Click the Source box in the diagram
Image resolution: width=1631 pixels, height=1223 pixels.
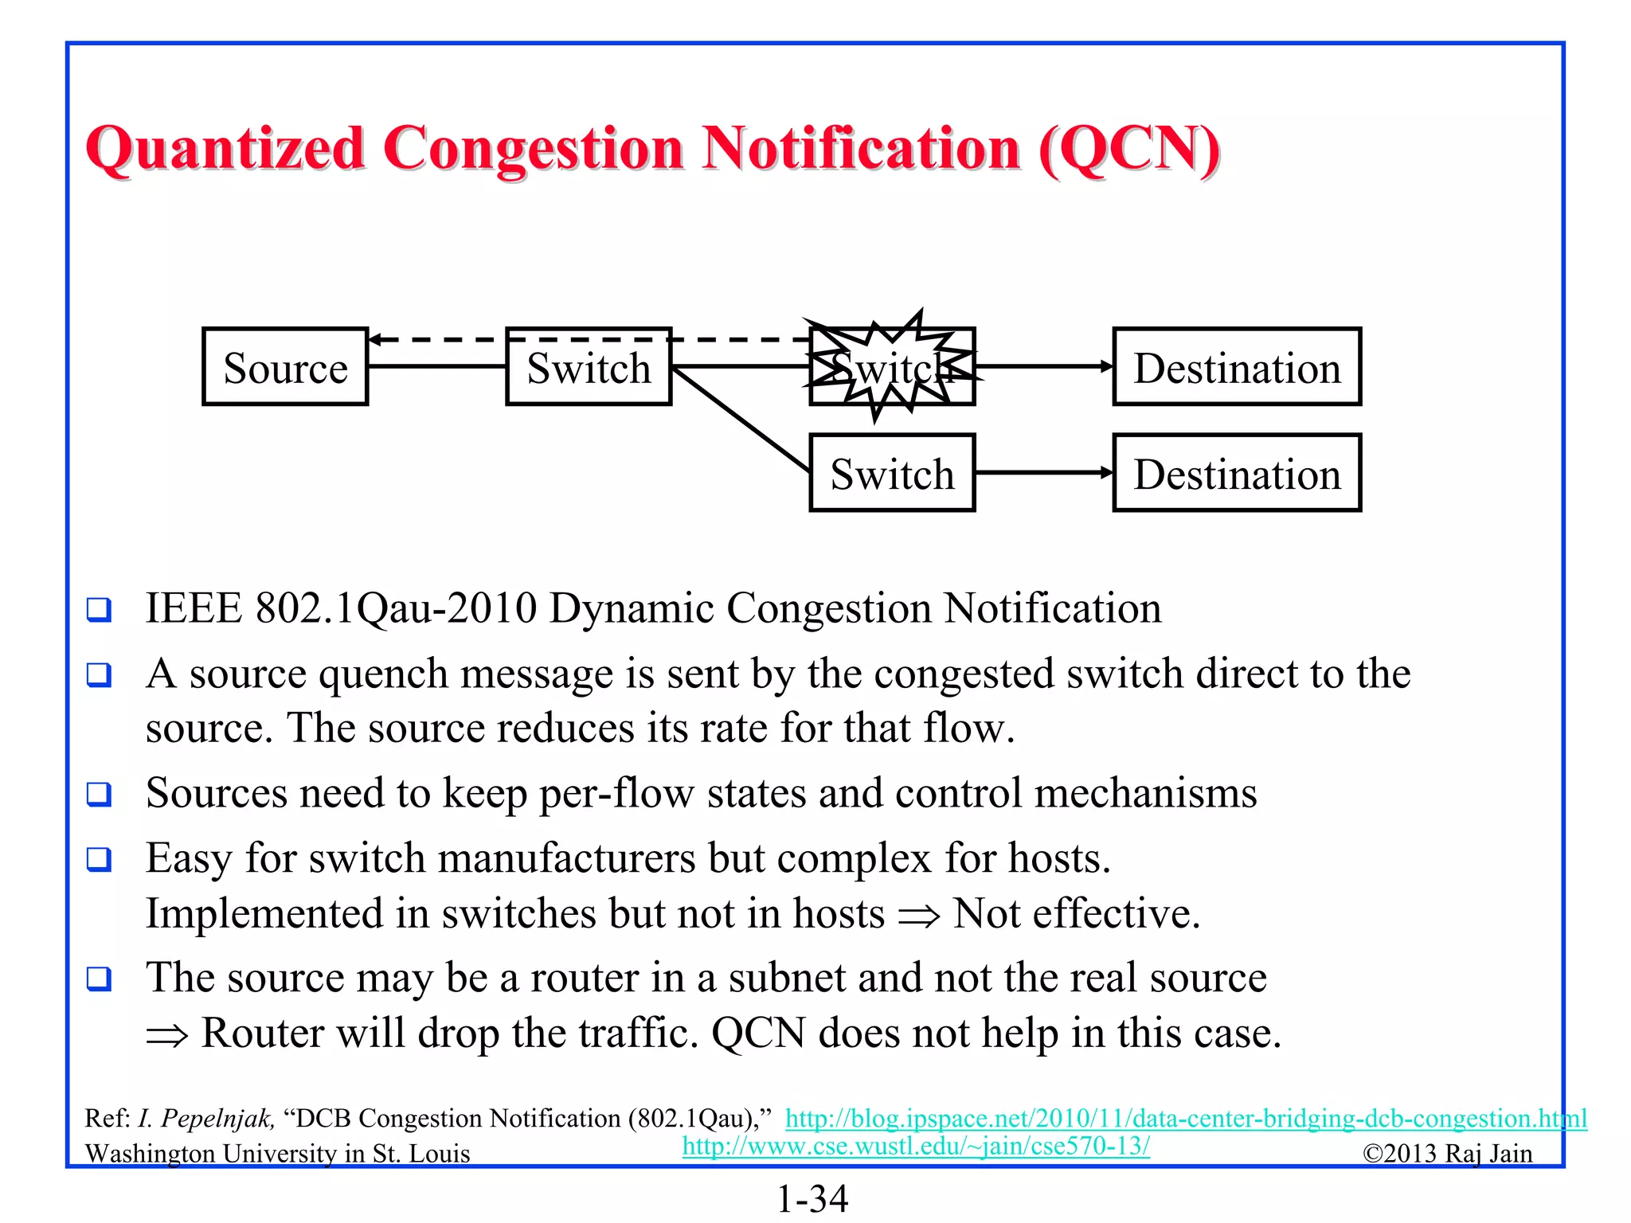285,367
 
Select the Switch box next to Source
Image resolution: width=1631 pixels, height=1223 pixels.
589,367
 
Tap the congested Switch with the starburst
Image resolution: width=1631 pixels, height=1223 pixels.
892,367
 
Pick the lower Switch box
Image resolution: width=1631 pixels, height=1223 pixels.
892,473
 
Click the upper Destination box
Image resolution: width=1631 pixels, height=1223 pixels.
1236,367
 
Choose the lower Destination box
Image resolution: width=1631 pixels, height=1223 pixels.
1236,473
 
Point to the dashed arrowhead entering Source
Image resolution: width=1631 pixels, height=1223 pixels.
376,340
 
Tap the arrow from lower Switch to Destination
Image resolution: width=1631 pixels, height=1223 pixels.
1043,473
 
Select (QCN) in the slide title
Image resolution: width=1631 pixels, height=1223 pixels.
1128,149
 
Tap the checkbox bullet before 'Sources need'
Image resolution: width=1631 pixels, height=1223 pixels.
99,794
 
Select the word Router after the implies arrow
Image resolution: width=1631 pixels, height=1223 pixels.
262,1033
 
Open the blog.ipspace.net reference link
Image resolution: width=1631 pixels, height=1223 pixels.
1185,1118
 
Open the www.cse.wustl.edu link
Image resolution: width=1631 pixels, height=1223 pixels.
916,1146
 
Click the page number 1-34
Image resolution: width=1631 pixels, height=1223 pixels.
812,1198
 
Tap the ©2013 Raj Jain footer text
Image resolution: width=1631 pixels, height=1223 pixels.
1447,1153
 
